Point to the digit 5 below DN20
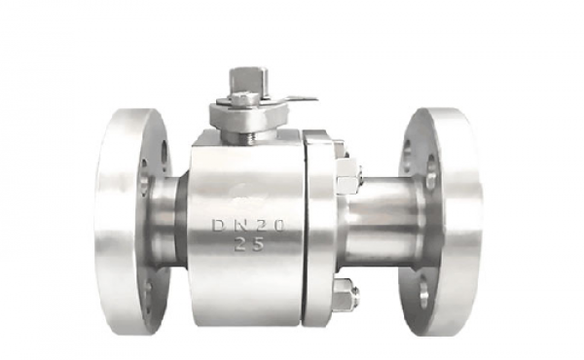[x=257, y=244]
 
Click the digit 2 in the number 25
[x=240, y=244]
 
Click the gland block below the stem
[x=249, y=116]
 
